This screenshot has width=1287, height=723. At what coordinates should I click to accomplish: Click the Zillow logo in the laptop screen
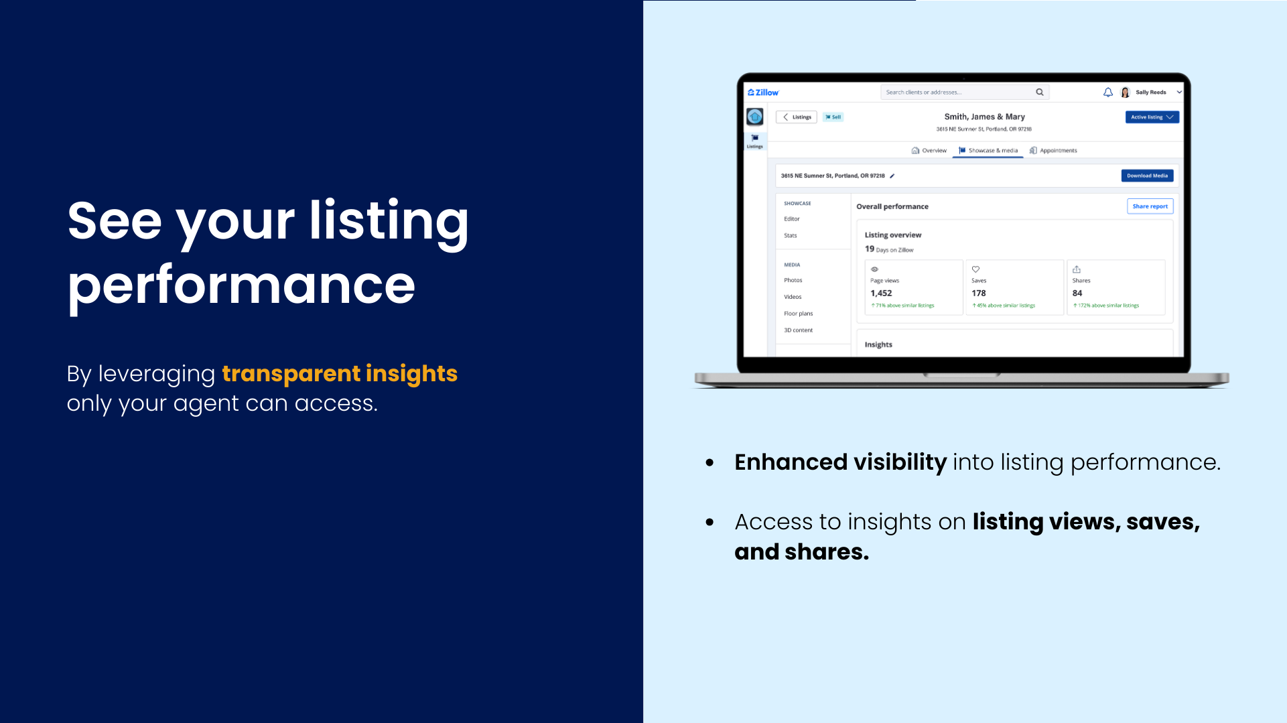click(763, 92)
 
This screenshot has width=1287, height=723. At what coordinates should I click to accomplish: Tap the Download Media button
click(1147, 176)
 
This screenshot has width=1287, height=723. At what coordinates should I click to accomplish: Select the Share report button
click(1150, 206)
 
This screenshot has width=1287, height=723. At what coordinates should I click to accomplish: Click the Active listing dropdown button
click(1152, 117)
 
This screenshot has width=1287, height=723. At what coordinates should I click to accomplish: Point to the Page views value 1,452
click(881, 293)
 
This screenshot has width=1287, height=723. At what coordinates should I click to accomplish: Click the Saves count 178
click(979, 293)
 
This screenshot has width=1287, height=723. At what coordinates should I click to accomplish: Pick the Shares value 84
click(1077, 293)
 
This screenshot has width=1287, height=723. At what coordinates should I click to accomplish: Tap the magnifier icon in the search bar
click(1040, 92)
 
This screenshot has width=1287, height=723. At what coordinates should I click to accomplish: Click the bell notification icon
click(1108, 92)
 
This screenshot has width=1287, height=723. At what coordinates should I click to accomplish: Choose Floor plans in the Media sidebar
click(798, 314)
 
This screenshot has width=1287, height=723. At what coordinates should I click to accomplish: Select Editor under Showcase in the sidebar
click(792, 219)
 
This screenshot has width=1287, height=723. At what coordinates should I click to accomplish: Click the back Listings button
click(797, 117)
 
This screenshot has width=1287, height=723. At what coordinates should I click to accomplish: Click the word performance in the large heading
click(241, 285)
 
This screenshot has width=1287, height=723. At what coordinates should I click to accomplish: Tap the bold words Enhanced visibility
click(840, 462)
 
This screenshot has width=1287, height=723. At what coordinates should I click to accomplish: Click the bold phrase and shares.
click(801, 552)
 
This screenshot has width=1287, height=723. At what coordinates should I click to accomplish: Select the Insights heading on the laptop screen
click(878, 344)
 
